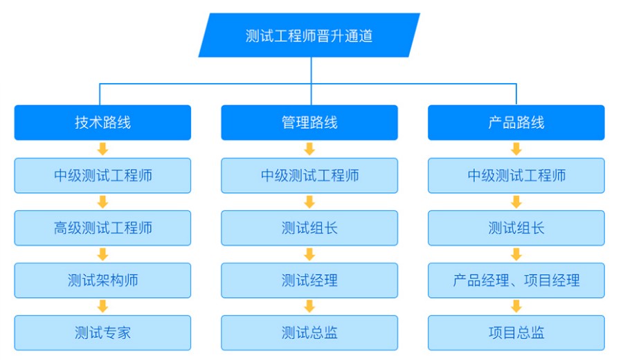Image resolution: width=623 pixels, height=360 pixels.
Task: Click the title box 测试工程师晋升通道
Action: (309, 35)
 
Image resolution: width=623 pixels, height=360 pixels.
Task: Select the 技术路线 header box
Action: (102, 123)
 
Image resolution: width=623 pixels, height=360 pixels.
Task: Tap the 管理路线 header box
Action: (309, 123)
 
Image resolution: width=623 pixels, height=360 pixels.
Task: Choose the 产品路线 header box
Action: (516, 123)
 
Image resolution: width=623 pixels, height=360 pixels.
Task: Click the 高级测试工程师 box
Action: (102, 228)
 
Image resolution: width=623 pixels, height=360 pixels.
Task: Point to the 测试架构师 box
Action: (102, 280)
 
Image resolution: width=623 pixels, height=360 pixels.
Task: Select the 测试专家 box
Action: (102, 333)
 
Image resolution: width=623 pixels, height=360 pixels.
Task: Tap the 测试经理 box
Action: (309, 280)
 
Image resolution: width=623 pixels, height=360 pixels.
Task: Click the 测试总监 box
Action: (309, 333)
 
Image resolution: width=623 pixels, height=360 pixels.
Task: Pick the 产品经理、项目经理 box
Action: (516, 280)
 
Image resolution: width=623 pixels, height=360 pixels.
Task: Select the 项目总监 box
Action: (516, 333)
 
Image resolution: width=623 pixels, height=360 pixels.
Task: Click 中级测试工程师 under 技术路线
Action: (102, 175)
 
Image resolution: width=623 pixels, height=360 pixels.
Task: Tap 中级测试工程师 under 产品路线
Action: (516, 175)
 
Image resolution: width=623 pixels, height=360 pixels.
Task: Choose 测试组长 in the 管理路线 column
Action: (309, 228)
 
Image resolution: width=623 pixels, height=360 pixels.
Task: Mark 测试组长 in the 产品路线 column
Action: (516, 228)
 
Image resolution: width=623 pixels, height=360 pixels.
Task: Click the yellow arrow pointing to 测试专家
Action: (102, 307)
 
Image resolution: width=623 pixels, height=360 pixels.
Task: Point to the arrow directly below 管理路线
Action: (309, 149)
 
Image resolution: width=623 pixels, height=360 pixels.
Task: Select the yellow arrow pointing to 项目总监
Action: (516, 307)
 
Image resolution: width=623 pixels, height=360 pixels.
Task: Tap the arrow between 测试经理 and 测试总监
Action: (309, 307)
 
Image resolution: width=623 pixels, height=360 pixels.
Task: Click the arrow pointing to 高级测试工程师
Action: (102, 201)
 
